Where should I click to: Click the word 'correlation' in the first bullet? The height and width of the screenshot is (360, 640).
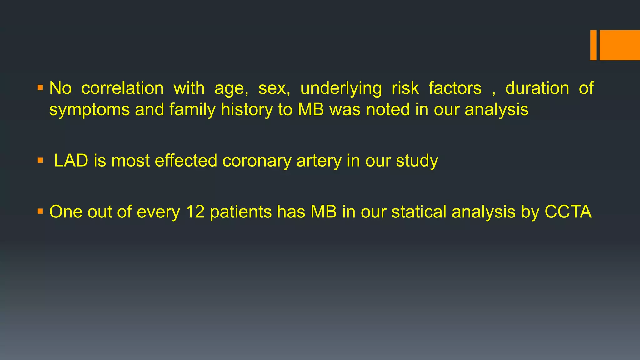[122, 88]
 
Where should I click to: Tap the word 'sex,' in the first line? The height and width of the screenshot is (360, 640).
[274, 88]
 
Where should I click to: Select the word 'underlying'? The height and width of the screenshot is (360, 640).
[341, 88]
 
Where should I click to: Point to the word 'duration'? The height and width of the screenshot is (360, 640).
[537, 88]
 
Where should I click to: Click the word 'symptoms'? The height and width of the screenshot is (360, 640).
[89, 110]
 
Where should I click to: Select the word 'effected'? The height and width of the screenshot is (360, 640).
[186, 161]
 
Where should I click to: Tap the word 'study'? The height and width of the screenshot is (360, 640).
[417, 161]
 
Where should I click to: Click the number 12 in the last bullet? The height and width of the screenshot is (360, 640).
[195, 212]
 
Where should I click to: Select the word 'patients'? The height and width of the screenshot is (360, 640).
[241, 212]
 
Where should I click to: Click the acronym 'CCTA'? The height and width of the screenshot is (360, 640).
[568, 212]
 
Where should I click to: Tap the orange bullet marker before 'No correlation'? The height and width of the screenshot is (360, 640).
[40, 87]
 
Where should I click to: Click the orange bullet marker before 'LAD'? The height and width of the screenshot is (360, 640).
[40, 160]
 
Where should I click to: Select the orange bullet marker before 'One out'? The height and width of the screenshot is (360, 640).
[40, 212]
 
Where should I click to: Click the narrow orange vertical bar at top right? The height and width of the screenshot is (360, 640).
[593, 45]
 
